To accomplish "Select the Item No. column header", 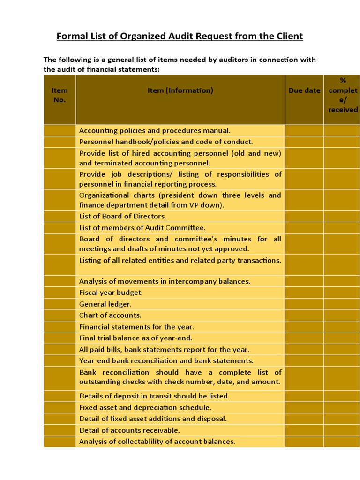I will [x=60, y=95].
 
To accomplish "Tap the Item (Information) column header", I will [x=180, y=90].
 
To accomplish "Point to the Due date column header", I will [x=304, y=90].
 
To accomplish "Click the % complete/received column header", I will [x=343, y=95].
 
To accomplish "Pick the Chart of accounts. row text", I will [x=110, y=315].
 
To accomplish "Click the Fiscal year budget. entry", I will [x=111, y=292].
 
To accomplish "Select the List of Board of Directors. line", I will [x=123, y=216].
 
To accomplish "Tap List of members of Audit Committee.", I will [x=142, y=228].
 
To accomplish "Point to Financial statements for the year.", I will [x=136, y=327].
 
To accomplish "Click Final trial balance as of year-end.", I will [x=136, y=338].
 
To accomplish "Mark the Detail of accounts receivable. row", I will [x=129, y=430].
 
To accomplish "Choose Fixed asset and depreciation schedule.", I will [x=145, y=407].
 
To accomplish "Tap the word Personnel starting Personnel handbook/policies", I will [x=96, y=142].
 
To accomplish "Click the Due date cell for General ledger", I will [x=304, y=304].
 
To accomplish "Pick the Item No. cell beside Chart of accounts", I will [x=60, y=315].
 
